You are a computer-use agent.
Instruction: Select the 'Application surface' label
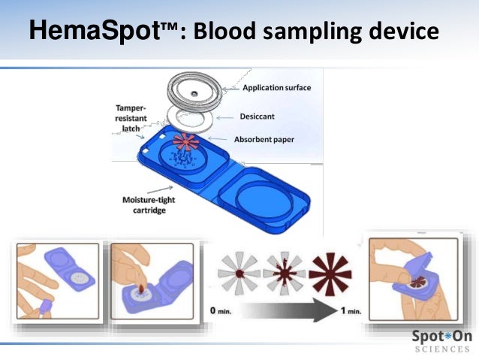(x=276, y=88)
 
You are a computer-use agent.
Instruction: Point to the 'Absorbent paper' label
(x=274, y=140)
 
